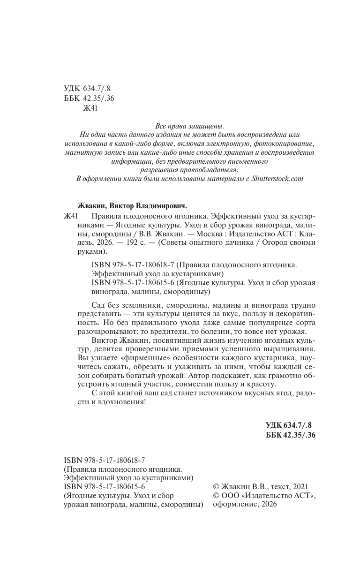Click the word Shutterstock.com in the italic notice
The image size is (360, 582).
(271, 178)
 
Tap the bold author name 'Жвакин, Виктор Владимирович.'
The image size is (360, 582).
(131, 205)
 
